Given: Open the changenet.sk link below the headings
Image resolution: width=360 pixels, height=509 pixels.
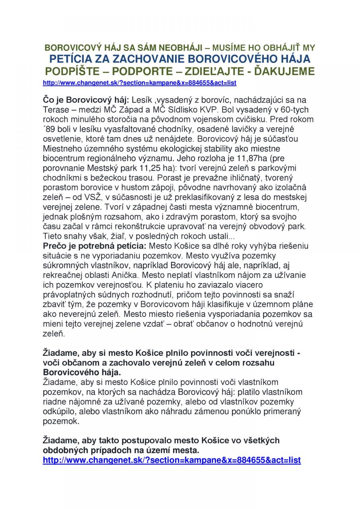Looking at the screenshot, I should coord(140,83).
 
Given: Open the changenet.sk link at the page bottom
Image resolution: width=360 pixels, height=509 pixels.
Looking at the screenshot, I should coord(171,460).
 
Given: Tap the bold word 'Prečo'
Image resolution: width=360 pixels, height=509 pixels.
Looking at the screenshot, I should coord(54,246).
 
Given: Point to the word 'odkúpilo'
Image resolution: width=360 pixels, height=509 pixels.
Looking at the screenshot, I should coord(58,412).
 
